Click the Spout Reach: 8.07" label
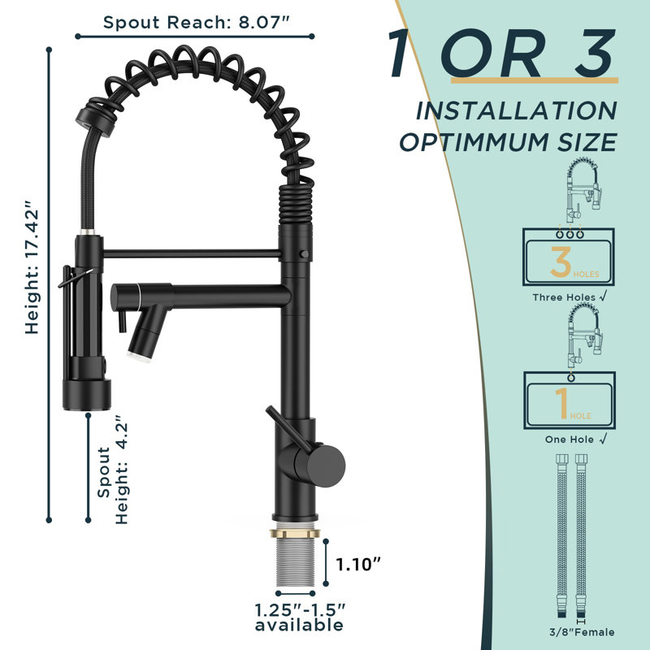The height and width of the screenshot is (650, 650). click(x=196, y=23)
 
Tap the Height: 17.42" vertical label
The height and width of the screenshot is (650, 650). click(x=32, y=268)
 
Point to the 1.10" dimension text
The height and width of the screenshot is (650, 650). click(x=357, y=564)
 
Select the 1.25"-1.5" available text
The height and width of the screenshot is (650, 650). click(x=299, y=617)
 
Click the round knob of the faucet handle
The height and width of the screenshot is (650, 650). click(x=326, y=466)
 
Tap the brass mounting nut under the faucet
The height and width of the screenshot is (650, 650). click(x=295, y=532)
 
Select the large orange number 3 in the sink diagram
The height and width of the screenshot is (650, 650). click(x=561, y=262)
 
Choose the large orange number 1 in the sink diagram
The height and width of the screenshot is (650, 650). click(x=562, y=403)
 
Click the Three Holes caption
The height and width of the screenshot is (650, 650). click(x=570, y=297)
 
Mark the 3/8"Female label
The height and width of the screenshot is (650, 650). click(x=582, y=632)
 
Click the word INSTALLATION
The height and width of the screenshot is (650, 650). click(x=517, y=110)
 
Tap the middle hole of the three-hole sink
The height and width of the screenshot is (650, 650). click(x=570, y=235)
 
